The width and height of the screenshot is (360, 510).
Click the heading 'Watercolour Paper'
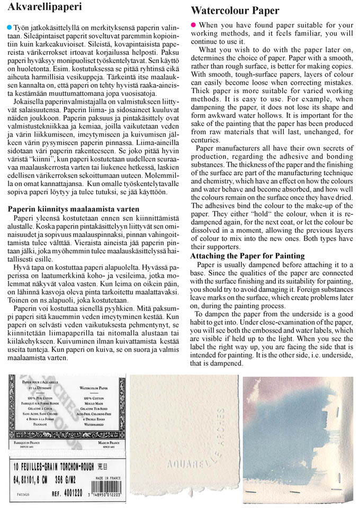click(x=235, y=11)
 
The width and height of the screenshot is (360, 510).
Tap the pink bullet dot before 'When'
click(x=193, y=25)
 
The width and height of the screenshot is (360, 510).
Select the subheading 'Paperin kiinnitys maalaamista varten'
click(x=74, y=209)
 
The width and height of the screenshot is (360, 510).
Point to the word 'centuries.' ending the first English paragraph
click(x=206, y=141)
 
